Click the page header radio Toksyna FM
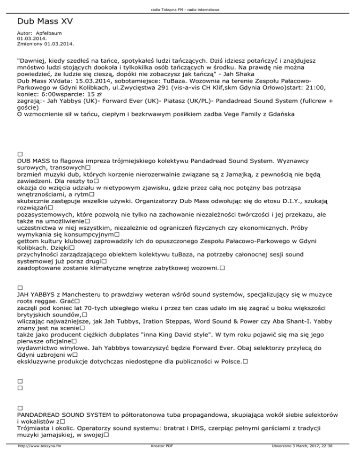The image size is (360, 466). point(180,9)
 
